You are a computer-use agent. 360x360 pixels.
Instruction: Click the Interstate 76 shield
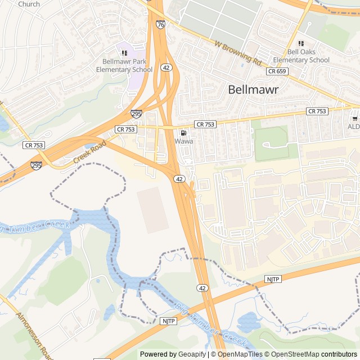pos(161,25)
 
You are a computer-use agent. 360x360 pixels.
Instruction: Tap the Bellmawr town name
pos(254,89)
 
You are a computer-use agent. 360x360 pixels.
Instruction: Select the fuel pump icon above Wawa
pos(183,133)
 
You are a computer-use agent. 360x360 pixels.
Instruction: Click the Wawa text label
pos(183,141)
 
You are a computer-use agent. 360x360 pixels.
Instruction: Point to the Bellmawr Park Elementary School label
pos(124,65)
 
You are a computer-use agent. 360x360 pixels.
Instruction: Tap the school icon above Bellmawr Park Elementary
pos(124,53)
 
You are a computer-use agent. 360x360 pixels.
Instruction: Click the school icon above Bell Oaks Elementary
pos(300,43)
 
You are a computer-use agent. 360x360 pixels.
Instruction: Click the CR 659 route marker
pos(277,71)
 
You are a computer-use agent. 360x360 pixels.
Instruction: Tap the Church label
pos(29,4)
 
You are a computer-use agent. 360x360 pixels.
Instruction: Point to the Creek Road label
pos(89,153)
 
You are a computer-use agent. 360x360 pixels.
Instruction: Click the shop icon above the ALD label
pos(354,118)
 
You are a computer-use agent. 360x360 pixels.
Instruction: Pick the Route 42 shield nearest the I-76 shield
pos(166,67)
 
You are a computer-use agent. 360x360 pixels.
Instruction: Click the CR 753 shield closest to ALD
pos(317,111)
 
